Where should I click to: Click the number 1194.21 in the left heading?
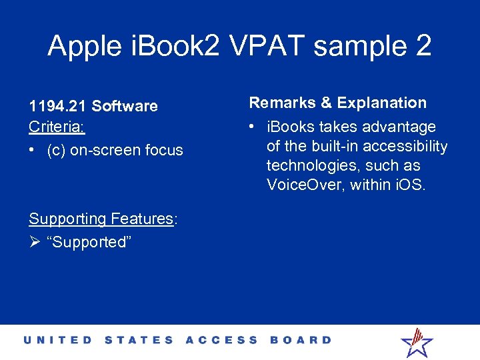[57, 106]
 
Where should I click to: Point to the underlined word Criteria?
[57, 127]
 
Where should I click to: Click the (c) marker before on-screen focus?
[56, 150]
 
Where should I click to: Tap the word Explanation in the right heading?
[382, 103]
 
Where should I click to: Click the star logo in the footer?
[417, 341]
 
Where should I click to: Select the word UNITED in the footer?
[58, 340]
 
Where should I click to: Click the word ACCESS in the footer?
[221, 340]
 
